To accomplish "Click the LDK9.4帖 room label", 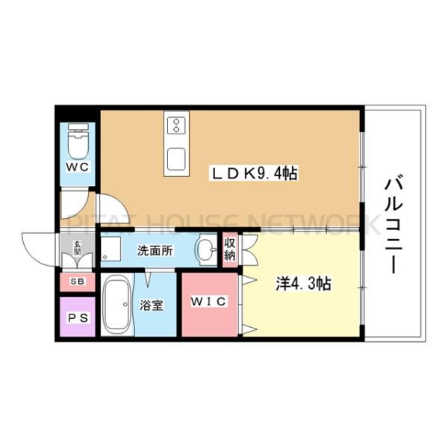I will pos(254,174).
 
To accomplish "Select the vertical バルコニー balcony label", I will pos(393,225).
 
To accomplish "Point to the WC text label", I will pos(78,168).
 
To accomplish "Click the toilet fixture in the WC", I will pos(78,139).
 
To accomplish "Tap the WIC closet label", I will pos(211,302).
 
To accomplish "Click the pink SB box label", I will pos(77,281).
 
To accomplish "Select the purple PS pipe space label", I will pos(78,317).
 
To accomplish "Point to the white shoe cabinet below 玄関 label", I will pos(78,261).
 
